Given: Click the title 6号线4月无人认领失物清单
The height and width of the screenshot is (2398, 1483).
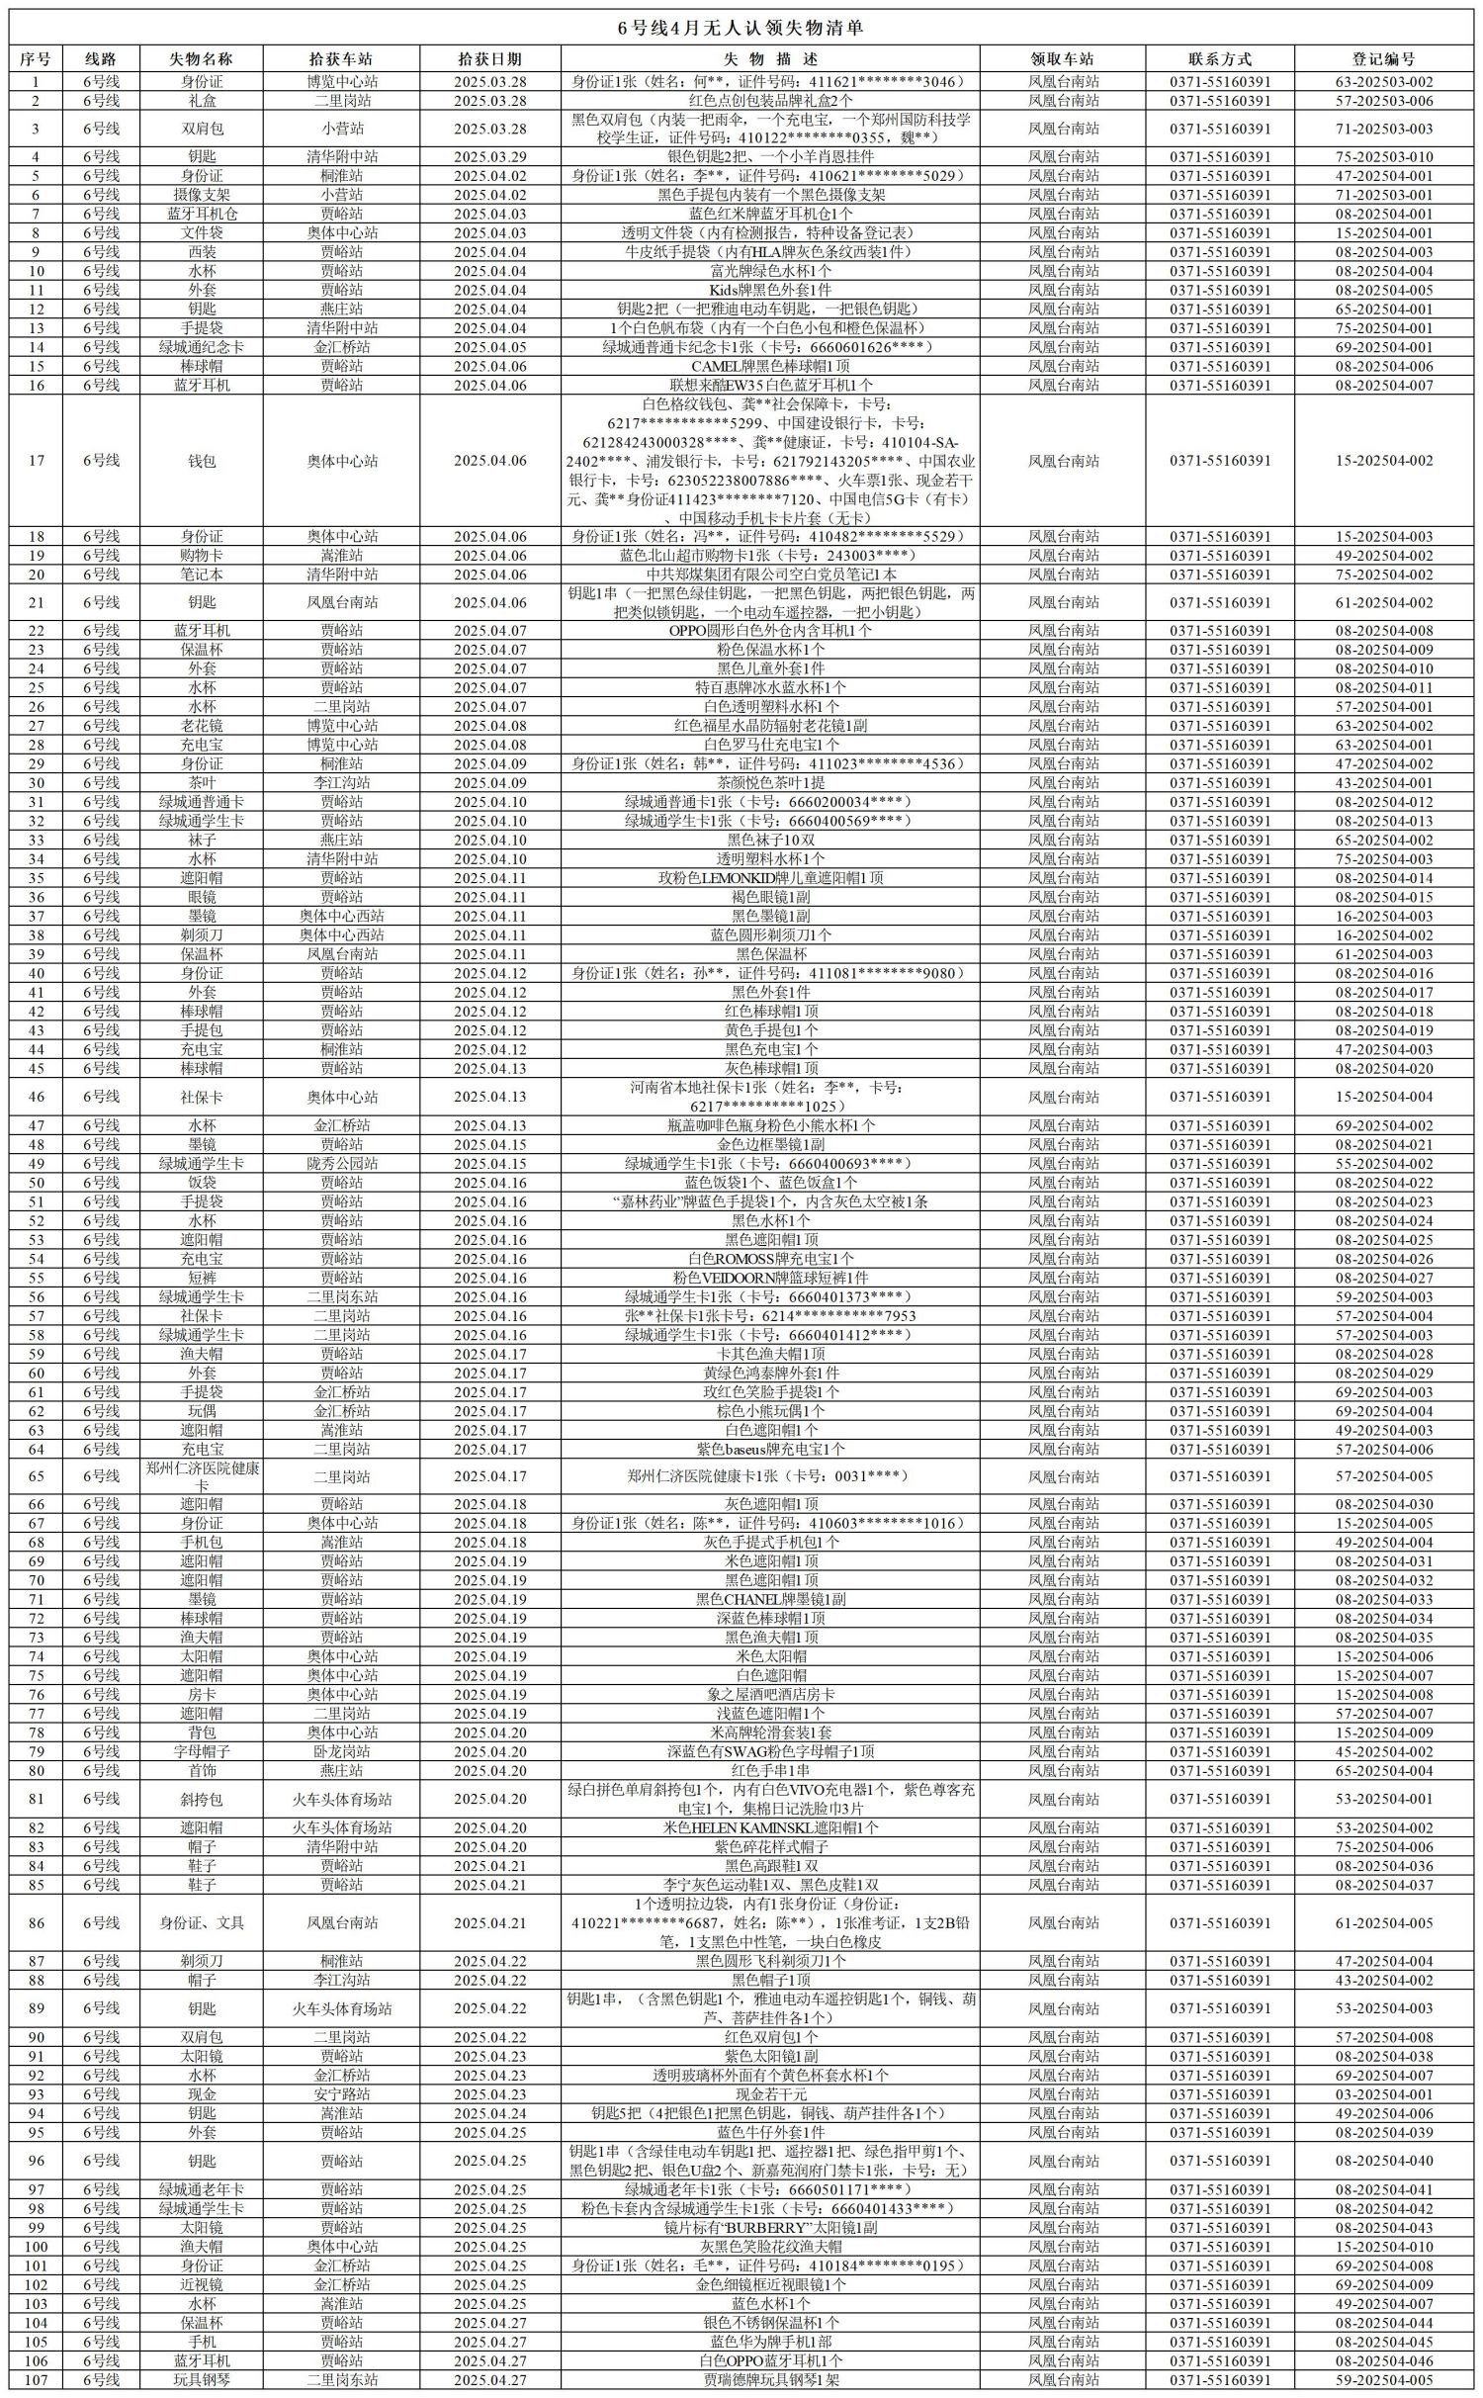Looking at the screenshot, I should coord(741,28).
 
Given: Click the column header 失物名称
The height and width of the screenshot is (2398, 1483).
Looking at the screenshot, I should coord(202,59).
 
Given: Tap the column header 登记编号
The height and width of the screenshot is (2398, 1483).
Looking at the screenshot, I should coord(1383,59).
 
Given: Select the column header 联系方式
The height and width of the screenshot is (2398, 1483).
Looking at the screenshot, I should coord(1220,59).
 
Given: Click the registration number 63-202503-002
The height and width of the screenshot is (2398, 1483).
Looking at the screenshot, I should coord(1383,82).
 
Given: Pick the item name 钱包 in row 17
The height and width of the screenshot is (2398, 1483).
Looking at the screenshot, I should coord(202,461).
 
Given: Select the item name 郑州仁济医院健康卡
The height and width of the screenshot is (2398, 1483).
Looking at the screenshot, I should coord(202,1476).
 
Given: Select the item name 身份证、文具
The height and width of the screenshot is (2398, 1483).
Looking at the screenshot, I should coord(202,1923).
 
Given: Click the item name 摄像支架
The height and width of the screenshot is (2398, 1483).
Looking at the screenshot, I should coord(202,195).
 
